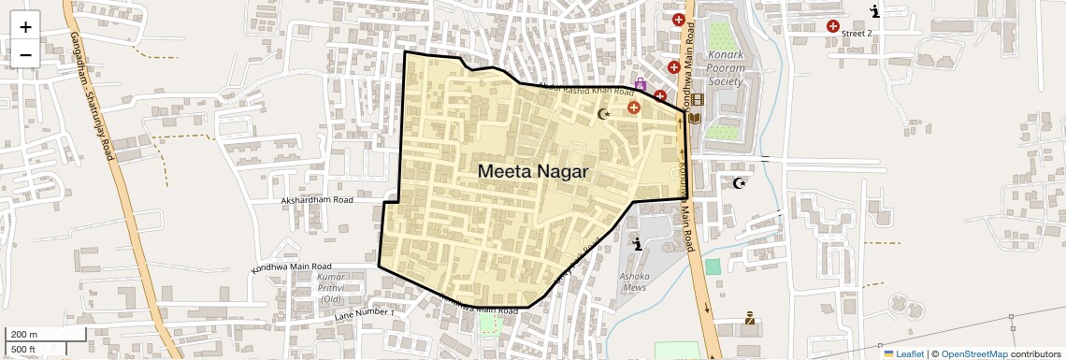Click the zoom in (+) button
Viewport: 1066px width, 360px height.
pyautogui.click(x=25, y=27)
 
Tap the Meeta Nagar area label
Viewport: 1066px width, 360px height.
pyautogui.click(x=533, y=172)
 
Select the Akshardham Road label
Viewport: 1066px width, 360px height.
pyautogui.click(x=317, y=200)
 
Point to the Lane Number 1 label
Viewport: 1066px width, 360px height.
pyautogui.click(x=364, y=313)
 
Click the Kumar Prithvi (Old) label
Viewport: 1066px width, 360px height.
pyautogui.click(x=330, y=288)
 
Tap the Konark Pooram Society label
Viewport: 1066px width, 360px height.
pyautogui.click(x=726, y=68)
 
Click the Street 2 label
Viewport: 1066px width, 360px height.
pyautogui.click(x=857, y=34)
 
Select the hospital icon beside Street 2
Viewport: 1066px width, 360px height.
pyautogui.click(x=832, y=26)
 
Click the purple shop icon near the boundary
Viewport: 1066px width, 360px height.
pyautogui.click(x=641, y=84)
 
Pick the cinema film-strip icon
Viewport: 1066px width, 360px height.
pyautogui.click(x=697, y=99)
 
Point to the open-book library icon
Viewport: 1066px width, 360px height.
pyautogui.click(x=695, y=118)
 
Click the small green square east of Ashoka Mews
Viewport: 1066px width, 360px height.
pyautogui.click(x=713, y=266)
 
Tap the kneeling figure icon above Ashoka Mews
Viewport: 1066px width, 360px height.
pyautogui.click(x=638, y=245)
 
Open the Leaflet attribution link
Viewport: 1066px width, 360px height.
pyautogui.click(x=903, y=353)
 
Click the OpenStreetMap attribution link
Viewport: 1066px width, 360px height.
pyautogui.click(x=973, y=353)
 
